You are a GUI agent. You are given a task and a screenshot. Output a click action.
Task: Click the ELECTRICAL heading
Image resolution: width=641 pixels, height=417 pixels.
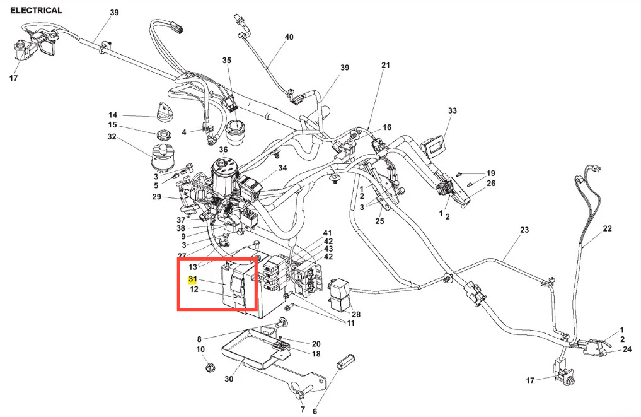click(37, 10)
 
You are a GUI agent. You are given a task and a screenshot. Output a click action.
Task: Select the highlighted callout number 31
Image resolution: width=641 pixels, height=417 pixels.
click(193, 279)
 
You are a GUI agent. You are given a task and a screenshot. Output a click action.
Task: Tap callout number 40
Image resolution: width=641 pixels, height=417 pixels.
click(289, 37)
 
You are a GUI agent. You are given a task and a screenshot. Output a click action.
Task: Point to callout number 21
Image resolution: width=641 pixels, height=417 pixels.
click(386, 65)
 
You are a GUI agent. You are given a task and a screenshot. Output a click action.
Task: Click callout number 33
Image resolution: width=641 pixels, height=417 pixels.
click(452, 110)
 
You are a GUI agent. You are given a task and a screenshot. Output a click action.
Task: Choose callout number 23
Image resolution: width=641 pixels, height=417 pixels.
click(524, 230)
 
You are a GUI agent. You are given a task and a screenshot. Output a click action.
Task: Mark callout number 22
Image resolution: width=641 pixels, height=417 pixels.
click(607, 228)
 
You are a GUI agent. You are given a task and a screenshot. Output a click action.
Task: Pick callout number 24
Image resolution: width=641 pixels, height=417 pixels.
click(627, 349)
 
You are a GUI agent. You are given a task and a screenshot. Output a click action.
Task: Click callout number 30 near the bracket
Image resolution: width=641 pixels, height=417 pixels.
click(229, 380)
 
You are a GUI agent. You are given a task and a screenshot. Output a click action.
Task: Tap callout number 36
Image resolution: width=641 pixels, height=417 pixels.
click(222, 150)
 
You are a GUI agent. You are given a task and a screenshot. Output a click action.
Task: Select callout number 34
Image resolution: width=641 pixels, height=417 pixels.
click(282, 168)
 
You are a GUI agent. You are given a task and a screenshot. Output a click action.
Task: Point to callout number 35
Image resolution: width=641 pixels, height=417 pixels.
click(227, 61)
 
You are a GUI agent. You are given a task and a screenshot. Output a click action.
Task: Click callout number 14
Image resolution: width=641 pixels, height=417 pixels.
click(113, 115)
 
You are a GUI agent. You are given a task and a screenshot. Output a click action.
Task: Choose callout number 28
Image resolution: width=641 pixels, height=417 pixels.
click(356, 314)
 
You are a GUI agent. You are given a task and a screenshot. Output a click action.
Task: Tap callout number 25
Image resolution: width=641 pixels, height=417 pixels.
click(379, 221)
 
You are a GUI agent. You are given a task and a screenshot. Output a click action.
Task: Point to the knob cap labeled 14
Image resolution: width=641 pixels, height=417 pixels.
click(163, 112)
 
